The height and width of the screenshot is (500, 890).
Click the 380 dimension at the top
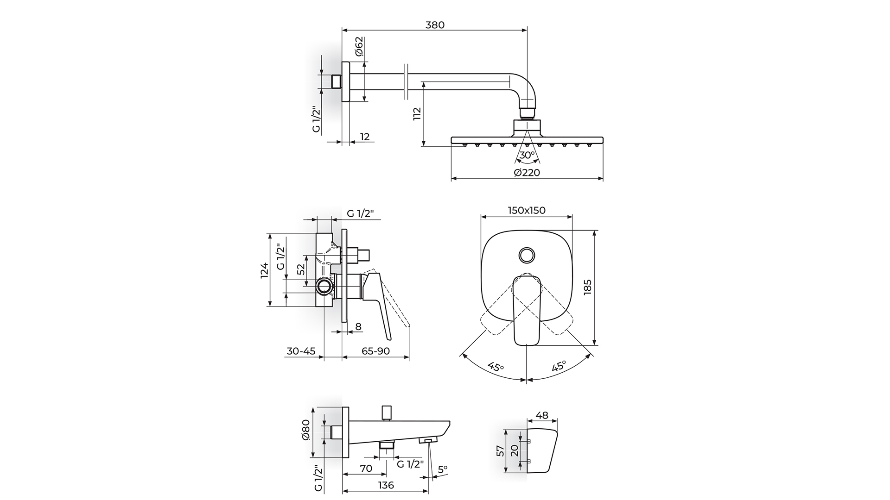tap(434, 25)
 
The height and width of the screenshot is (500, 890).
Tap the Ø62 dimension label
tap(359, 46)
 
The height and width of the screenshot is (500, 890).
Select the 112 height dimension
tap(417, 114)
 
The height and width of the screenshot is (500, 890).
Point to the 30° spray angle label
tap(527, 155)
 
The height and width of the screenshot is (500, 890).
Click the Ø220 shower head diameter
tap(527, 173)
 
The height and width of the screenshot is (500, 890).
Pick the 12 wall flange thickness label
tap(364, 137)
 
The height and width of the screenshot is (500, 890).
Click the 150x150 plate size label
tap(527, 210)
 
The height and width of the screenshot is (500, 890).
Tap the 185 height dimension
tap(588, 288)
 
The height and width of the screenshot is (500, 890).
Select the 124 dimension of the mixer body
tap(264, 270)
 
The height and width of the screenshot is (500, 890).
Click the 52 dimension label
tap(301, 269)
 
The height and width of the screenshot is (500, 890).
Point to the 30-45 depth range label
tap(301, 351)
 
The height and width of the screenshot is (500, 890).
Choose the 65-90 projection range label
tap(375, 351)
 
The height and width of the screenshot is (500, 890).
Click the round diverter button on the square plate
tap(527, 255)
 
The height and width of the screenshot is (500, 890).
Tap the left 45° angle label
tap(496, 368)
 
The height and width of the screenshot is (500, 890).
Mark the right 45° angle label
tap(559, 367)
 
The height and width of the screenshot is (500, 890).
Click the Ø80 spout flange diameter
tap(305, 430)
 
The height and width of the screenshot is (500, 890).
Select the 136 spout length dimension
tap(386, 485)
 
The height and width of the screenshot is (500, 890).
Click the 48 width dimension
tap(541, 415)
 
